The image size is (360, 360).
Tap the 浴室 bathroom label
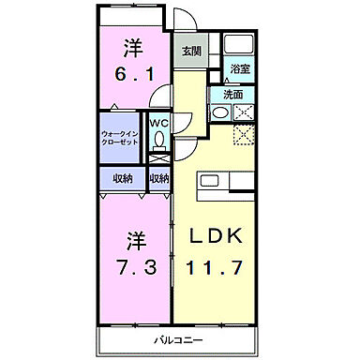coord(239,68)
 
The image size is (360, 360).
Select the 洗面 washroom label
coord(233,95)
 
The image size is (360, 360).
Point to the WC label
coord(157,122)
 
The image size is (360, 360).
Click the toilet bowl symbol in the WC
coord(158,140)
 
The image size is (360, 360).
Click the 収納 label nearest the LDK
coord(158,178)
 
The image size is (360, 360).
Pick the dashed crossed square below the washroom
coord(245,137)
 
